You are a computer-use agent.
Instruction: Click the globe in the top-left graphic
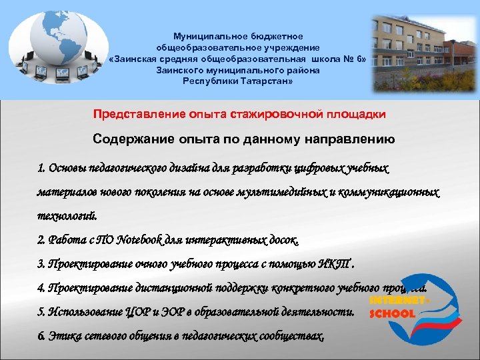pyautogui.click(x=53, y=36)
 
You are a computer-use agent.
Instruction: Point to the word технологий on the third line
pyautogui.click(x=67, y=216)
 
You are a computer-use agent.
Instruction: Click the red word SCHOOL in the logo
pyautogui.click(x=391, y=313)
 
